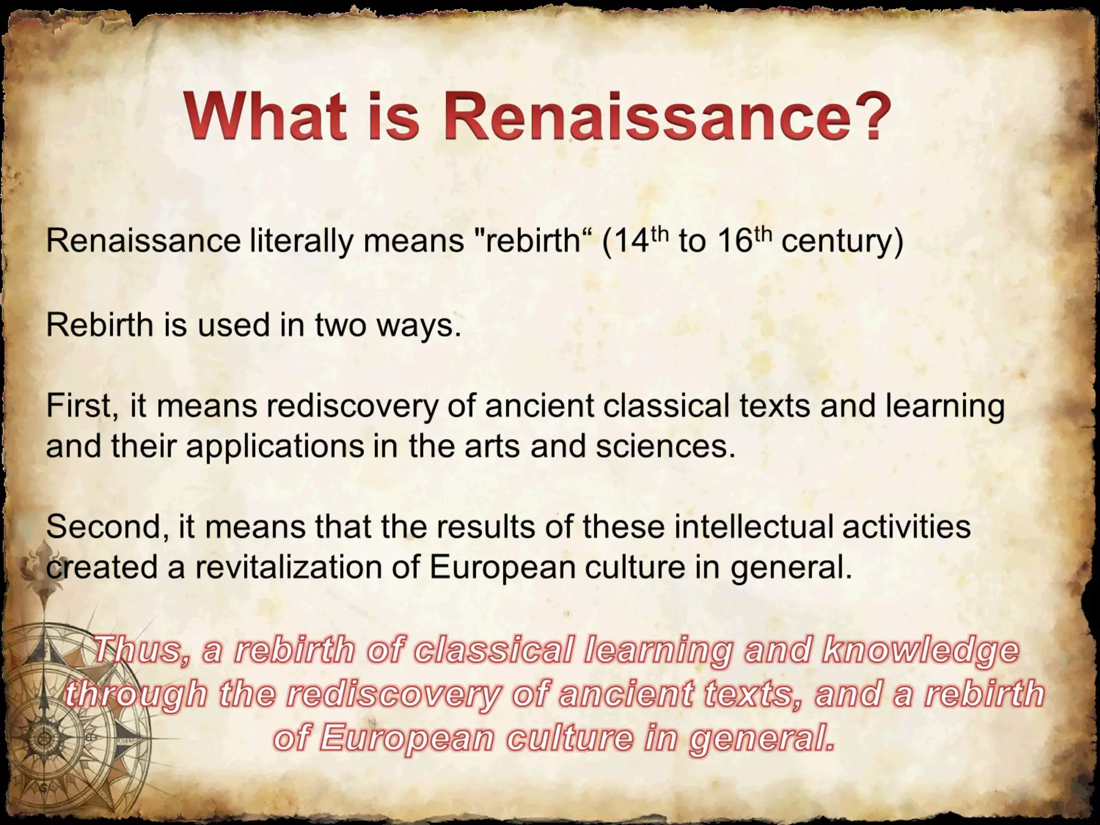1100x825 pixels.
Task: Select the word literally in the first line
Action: point(301,241)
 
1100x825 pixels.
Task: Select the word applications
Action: point(274,446)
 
